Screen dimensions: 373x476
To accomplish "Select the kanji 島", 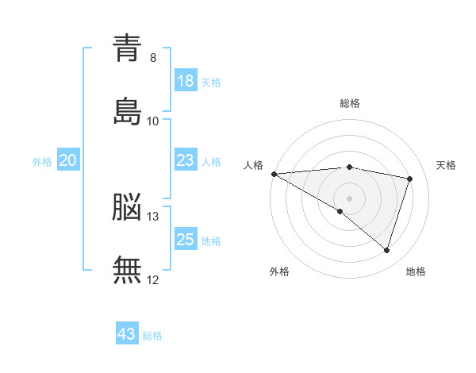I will tap(127, 111).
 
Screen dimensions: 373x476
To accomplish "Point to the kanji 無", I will tap(127, 270).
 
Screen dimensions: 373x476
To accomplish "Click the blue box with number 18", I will tap(186, 80).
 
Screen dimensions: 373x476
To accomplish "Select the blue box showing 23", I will tap(186, 160).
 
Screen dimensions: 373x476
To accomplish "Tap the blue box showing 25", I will tap(186, 240).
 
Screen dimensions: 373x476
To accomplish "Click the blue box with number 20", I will tap(68, 160).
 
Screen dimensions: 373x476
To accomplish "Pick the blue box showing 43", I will tap(127, 334).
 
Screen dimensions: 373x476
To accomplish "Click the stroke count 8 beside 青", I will tap(153, 58).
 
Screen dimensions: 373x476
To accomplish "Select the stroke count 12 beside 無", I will tap(153, 279).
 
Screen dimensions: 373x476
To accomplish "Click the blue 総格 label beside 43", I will tap(153, 336).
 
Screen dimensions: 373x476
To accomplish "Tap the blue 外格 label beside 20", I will tap(42, 162).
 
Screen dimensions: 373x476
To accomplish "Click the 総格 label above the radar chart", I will tap(350, 103).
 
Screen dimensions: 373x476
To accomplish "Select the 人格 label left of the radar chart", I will tap(253, 165).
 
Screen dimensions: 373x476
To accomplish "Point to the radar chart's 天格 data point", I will tap(410, 179).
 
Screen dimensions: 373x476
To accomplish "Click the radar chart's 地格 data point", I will tap(387, 250).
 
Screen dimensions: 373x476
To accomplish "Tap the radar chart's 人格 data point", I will tap(274, 174).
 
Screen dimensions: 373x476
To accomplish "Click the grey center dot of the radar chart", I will tap(350, 198).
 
